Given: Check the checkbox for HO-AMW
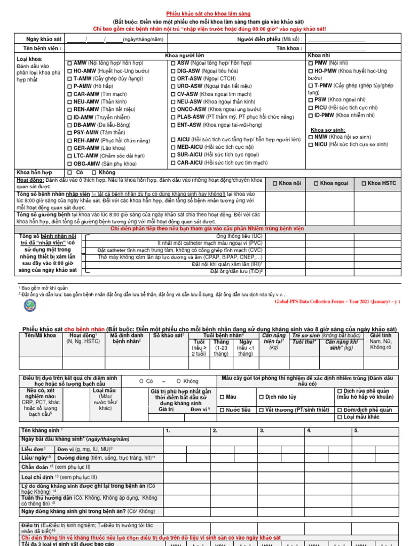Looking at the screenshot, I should coord(69,70).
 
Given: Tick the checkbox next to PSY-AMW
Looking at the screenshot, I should coord(69,132).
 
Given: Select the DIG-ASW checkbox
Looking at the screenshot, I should coord(173,70).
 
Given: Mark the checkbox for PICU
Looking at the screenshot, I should coord(311,107).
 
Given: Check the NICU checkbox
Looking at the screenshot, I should coord(311,144).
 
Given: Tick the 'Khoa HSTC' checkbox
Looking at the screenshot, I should coord(364,183).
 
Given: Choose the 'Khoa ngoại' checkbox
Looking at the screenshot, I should coord(316,183).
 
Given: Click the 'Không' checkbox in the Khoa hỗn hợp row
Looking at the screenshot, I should coord(94,173).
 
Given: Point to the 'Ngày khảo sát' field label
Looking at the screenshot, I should coord(44,39).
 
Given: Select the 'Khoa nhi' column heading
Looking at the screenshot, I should coord(319,55).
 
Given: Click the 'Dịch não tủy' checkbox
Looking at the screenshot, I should coord(261,397).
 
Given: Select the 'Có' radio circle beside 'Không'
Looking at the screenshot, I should coord(141,381).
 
